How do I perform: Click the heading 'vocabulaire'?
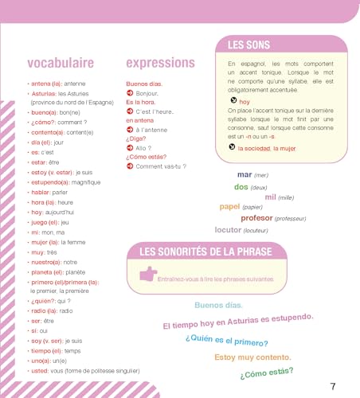pyautogui.click(x=61, y=62)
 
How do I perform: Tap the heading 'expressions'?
pyautogui.click(x=160, y=62)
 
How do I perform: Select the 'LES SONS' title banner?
pyautogui.click(x=247, y=45)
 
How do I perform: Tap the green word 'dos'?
pyautogui.click(x=241, y=186)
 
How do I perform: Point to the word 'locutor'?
pyautogui.click(x=232, y=229)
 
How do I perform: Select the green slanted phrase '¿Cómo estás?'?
pyautogui.click(x=265, y=372)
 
